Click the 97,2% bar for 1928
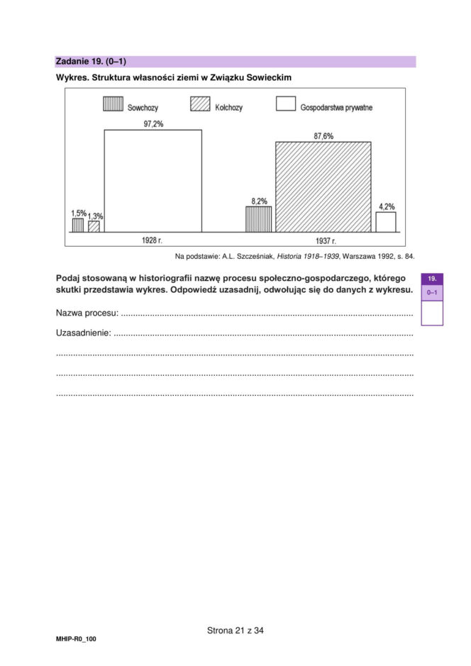[x=153, y=181]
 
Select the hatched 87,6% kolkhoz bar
[x=323, y=187]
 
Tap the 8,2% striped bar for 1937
[x=258, y=219]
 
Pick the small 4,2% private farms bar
[x=386, y=222]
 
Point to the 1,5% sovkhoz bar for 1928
[x=77, y=226]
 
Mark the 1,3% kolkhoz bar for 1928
[x=94, y=227]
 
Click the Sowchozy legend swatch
[x=113, y=104]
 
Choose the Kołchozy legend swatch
[x=200, y=104]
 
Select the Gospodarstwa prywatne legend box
[x=285, y=104]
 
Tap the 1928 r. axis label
[x=153, y=240]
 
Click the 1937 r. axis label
[x=326, y=241]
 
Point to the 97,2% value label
[x=153, y=123]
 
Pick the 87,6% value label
[x=323, y=135]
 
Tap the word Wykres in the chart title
[x=72, y=76]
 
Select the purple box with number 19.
[x=432, y=279]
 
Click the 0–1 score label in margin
[x=432, y=292]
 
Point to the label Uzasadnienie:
[x=84, y=333]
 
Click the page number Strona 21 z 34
[x=236, y=630]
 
